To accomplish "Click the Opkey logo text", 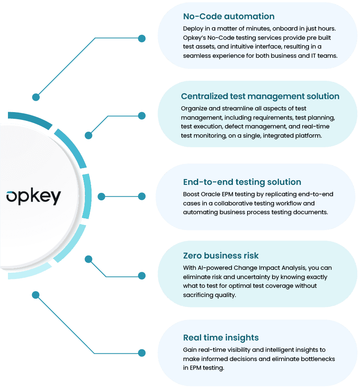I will coord(33,197).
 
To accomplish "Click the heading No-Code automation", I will coord(229,17).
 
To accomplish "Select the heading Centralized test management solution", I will coord(260,96).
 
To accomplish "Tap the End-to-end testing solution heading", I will coord(242,182).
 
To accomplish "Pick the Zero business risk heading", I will coord(221,256).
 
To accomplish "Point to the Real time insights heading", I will coord(221,338).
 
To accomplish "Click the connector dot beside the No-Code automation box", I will coord(142,38).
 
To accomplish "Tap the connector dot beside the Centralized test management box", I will coord(142,115).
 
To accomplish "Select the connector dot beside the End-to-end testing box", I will coord(142,196).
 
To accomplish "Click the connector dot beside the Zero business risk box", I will coord(142,276).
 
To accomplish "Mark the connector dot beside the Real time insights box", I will coord(142,353).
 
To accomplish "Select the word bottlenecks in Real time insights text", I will coord(317,359).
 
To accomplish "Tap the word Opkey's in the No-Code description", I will coord(194,38).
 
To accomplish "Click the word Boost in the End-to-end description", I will coord(191,194).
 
